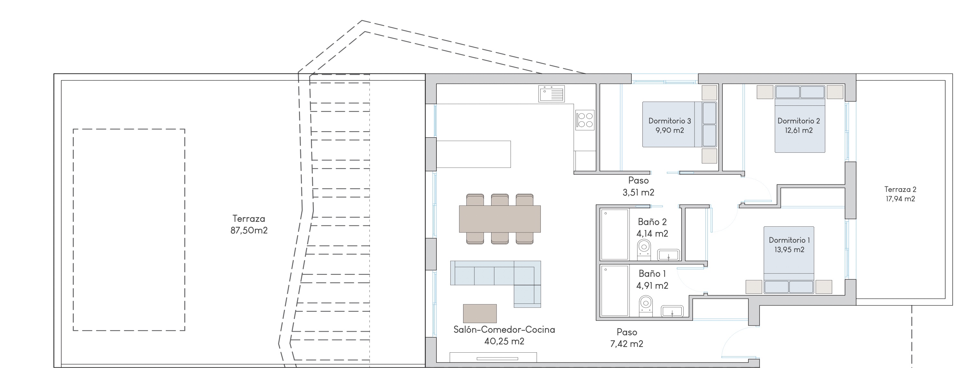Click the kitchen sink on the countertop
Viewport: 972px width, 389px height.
point(552,94)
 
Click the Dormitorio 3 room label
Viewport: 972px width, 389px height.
point(669,121)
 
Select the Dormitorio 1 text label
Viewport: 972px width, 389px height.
point(790,240)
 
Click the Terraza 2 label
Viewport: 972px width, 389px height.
point(900,189)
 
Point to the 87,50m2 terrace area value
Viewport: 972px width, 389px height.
point(249,230)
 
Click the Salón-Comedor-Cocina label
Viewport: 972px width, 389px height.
point(504,330)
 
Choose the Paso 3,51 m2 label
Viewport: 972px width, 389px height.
point(639,186)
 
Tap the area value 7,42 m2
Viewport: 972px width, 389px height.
point(627,344)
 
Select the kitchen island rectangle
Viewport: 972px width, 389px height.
point(473,154)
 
